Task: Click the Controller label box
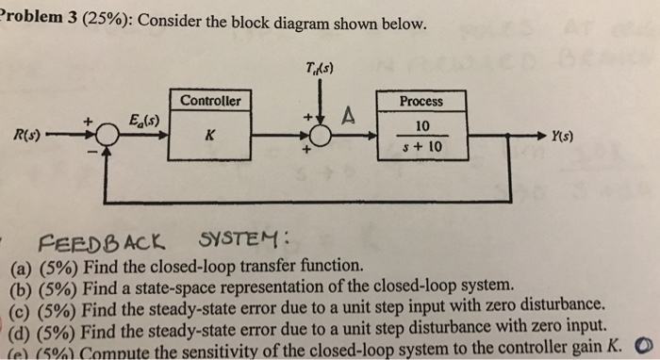(x=211, y=101)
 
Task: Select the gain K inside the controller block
(x=210, y=136)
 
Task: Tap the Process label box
(x=421, y=101)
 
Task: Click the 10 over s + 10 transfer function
(x=421, y=137)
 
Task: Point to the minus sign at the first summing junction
(x=89, y=150)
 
